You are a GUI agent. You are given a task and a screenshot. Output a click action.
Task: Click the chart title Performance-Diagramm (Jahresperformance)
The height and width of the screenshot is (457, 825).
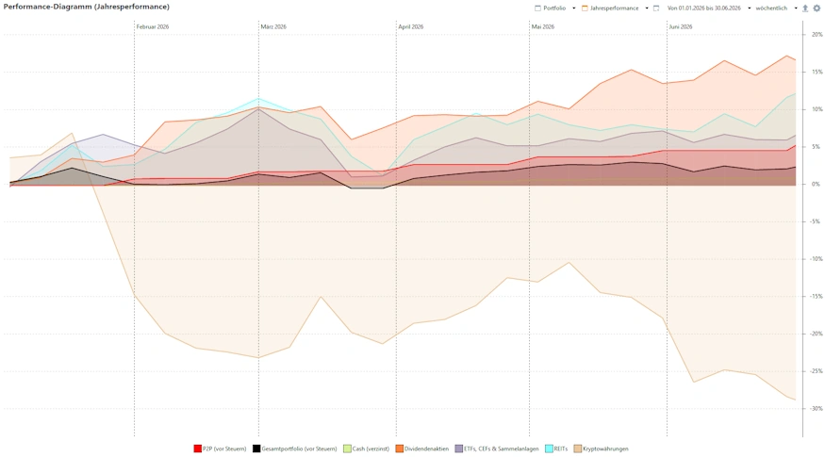87,7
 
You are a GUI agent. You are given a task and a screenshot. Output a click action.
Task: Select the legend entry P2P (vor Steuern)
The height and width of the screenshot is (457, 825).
220,449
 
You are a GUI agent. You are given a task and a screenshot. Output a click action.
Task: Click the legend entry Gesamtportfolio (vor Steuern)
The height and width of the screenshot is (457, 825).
294,449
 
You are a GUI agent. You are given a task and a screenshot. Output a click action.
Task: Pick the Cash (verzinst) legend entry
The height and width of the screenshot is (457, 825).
366,449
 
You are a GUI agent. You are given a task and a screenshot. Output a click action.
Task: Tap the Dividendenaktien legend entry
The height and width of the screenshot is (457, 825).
422,449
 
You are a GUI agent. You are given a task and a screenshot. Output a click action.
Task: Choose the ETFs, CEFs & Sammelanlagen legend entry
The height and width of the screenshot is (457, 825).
497,449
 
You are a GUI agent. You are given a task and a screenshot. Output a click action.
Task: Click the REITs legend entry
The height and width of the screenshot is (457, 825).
556,449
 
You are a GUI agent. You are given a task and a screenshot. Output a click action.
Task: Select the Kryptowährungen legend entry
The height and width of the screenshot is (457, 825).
601,449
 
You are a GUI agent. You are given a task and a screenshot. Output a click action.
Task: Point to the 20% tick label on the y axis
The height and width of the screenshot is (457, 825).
817,34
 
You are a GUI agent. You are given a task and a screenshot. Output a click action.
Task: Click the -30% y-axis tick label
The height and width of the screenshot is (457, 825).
817,408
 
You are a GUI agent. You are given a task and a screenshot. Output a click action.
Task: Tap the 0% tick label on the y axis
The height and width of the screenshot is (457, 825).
816,184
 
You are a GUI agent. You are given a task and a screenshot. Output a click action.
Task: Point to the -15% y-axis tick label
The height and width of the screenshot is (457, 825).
817,296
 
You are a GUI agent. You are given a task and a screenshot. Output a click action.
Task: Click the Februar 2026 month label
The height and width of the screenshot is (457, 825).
153,26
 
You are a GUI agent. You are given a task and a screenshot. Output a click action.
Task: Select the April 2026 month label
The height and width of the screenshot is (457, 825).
411,26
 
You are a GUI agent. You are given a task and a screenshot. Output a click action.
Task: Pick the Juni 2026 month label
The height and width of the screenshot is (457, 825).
681,26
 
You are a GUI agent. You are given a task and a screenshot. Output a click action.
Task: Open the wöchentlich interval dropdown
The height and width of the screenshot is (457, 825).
776,8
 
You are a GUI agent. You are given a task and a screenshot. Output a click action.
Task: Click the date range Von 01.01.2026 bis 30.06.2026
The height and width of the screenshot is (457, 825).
704,8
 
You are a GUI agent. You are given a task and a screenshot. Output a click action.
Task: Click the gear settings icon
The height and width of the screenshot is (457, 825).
817,8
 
